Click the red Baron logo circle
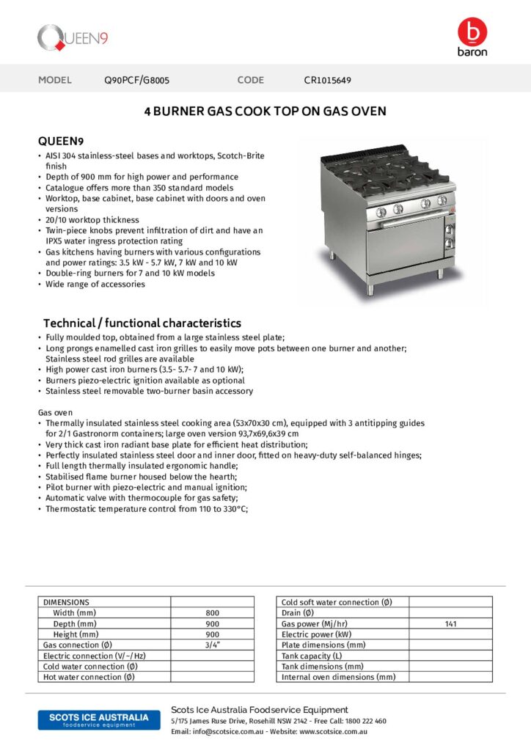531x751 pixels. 472,32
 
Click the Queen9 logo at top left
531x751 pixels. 73,37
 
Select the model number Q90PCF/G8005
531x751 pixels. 137,80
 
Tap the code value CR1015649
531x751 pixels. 327,80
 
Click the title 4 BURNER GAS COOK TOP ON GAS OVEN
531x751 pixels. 265,111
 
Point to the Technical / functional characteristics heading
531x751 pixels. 142,323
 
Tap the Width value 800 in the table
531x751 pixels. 212,613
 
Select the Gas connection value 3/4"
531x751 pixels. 212,645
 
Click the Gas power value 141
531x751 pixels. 450,623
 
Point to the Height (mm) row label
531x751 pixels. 76,634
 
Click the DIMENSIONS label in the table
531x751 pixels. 66,602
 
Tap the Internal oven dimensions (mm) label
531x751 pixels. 338,677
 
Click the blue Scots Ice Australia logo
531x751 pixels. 98,719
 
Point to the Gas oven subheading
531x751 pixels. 56,413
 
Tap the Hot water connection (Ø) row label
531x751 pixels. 89,677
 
